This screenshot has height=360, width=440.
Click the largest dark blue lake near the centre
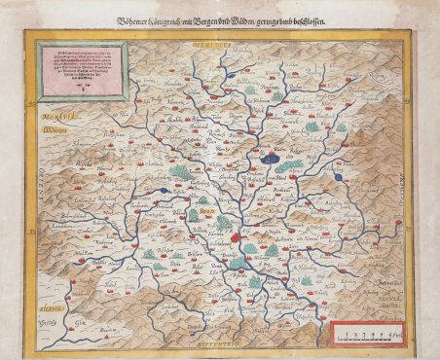275,155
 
